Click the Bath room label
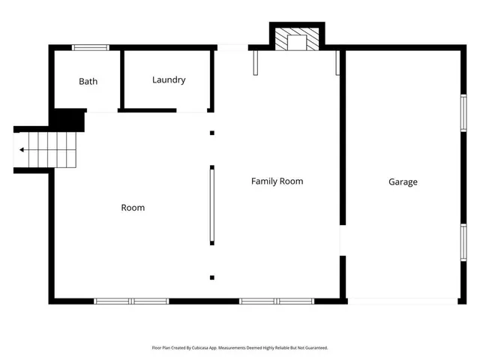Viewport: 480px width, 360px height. coord(88,81)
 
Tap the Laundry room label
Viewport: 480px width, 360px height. coord(169,79)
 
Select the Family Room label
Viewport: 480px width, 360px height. coord(277,181)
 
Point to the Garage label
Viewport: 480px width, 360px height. coord(403,181)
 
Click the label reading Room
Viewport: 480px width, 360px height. coord(133,207)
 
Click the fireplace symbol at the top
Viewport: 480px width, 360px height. coord(297,40)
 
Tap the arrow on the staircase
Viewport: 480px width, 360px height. coord(23,150)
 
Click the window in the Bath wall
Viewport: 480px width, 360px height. coord(90,48)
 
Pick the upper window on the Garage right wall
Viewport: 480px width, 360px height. coord(463,117)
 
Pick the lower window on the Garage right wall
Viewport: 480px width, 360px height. coord(463,246)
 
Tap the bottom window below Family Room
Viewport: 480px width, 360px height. coord(277,301)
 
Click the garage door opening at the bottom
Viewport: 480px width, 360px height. coord(403,301)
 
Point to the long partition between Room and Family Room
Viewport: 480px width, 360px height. coord(212,205)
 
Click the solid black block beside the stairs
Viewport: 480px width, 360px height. coord(68,120)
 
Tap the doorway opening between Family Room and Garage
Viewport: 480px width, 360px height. coord(343,241)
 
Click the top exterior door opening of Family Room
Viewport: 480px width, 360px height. coord(232,48)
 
